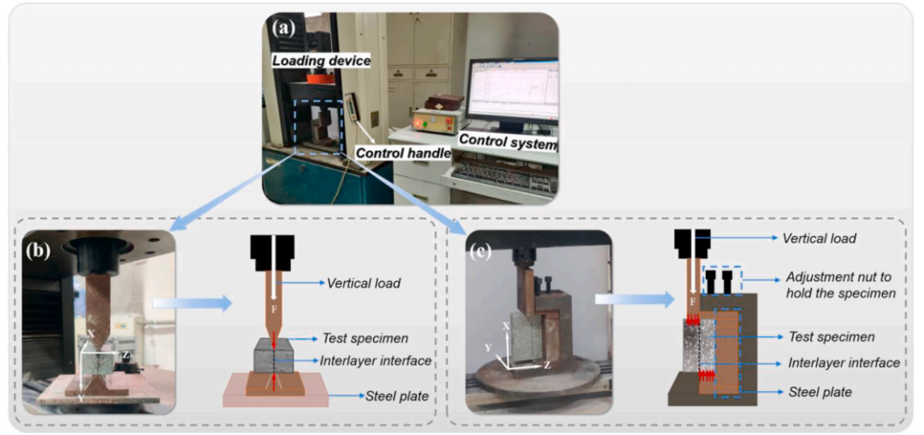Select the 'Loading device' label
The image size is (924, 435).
coord(320,59)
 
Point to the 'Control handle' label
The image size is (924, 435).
coord(401,153)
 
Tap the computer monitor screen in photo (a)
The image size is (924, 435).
coord(512,93)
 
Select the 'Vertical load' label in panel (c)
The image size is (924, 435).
coord(820,239)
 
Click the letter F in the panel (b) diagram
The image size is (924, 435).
coord(275,308)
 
